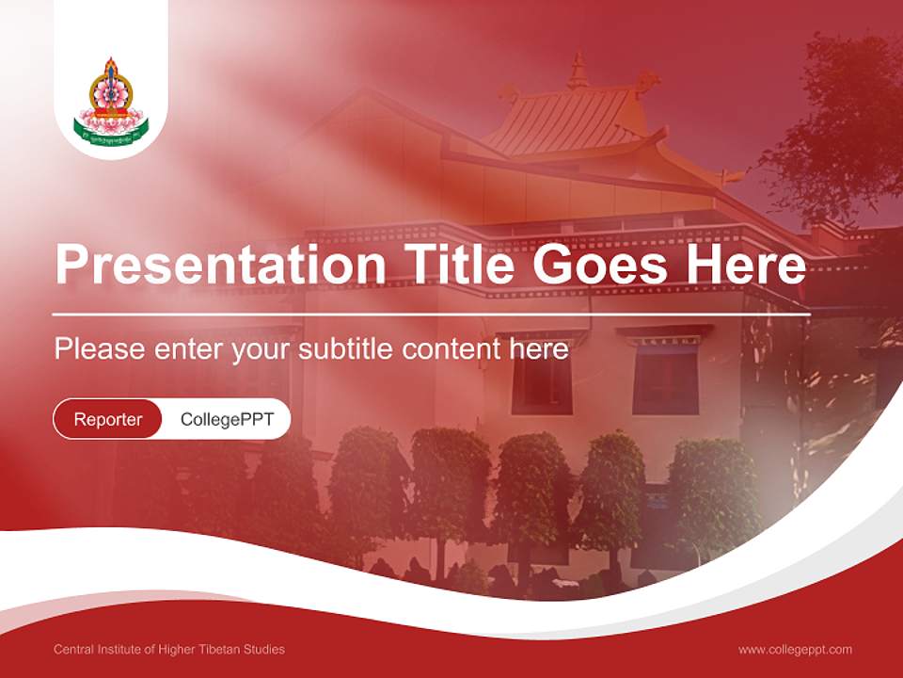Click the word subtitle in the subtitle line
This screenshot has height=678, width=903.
click(x=346, y=349)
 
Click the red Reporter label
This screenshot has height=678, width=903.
click(x=107, y=419)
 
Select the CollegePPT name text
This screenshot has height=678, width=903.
click(x=227, y=419)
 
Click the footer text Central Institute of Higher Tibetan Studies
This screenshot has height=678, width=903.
click(x=169, y=649)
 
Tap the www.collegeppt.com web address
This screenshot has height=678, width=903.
click(x=795, y=649)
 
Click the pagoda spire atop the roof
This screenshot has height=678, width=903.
click(x=578, y=71)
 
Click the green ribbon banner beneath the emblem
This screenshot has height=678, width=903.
click(x=112, y=137)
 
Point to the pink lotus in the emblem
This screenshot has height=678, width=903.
click(x=112, y=120)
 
